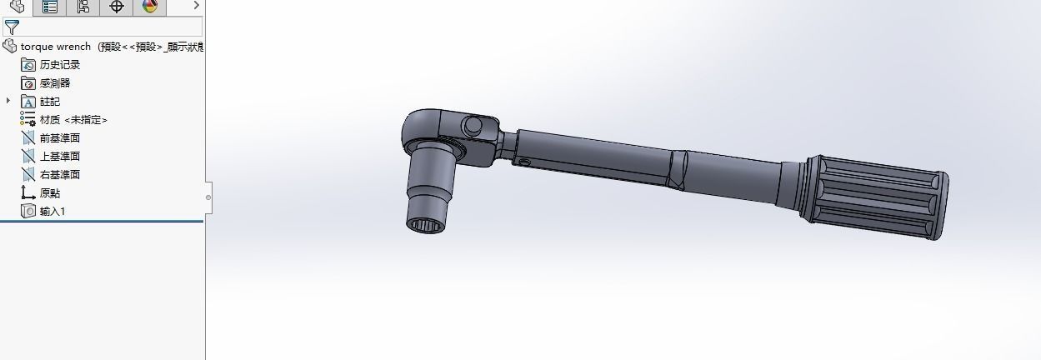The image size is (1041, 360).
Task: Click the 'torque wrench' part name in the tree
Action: [55, 47]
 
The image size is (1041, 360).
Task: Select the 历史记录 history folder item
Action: [59, 65]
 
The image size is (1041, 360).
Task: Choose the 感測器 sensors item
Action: [54, 83]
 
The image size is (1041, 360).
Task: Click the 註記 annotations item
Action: [49, 102]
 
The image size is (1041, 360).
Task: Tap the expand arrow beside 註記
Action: [9, 101]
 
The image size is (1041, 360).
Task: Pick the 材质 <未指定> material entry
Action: [73, 120]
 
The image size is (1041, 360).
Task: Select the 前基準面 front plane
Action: [59, 138]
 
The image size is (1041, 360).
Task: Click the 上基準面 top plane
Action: [59, 157]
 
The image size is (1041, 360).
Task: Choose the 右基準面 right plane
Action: [59, 175]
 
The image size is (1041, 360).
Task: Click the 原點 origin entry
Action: [49, 193]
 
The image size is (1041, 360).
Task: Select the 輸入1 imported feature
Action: [52, 212]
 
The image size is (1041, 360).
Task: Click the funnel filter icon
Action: [12, 27]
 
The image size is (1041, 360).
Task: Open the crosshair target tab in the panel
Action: [117, 7]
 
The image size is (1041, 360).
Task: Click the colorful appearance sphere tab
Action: [150, 7]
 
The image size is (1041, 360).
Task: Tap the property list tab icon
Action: [50, 7]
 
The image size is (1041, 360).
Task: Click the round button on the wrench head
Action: [472, 126]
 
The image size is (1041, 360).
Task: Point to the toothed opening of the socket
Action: [428, 223]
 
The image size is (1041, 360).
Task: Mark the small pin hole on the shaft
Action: [525, 160]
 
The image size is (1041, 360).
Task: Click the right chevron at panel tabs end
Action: [197, 6]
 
